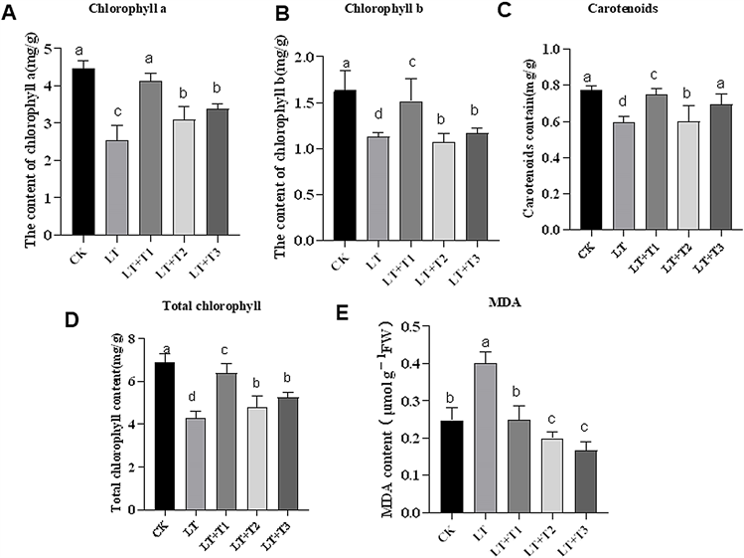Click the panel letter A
10,14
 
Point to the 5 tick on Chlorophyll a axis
51,47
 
